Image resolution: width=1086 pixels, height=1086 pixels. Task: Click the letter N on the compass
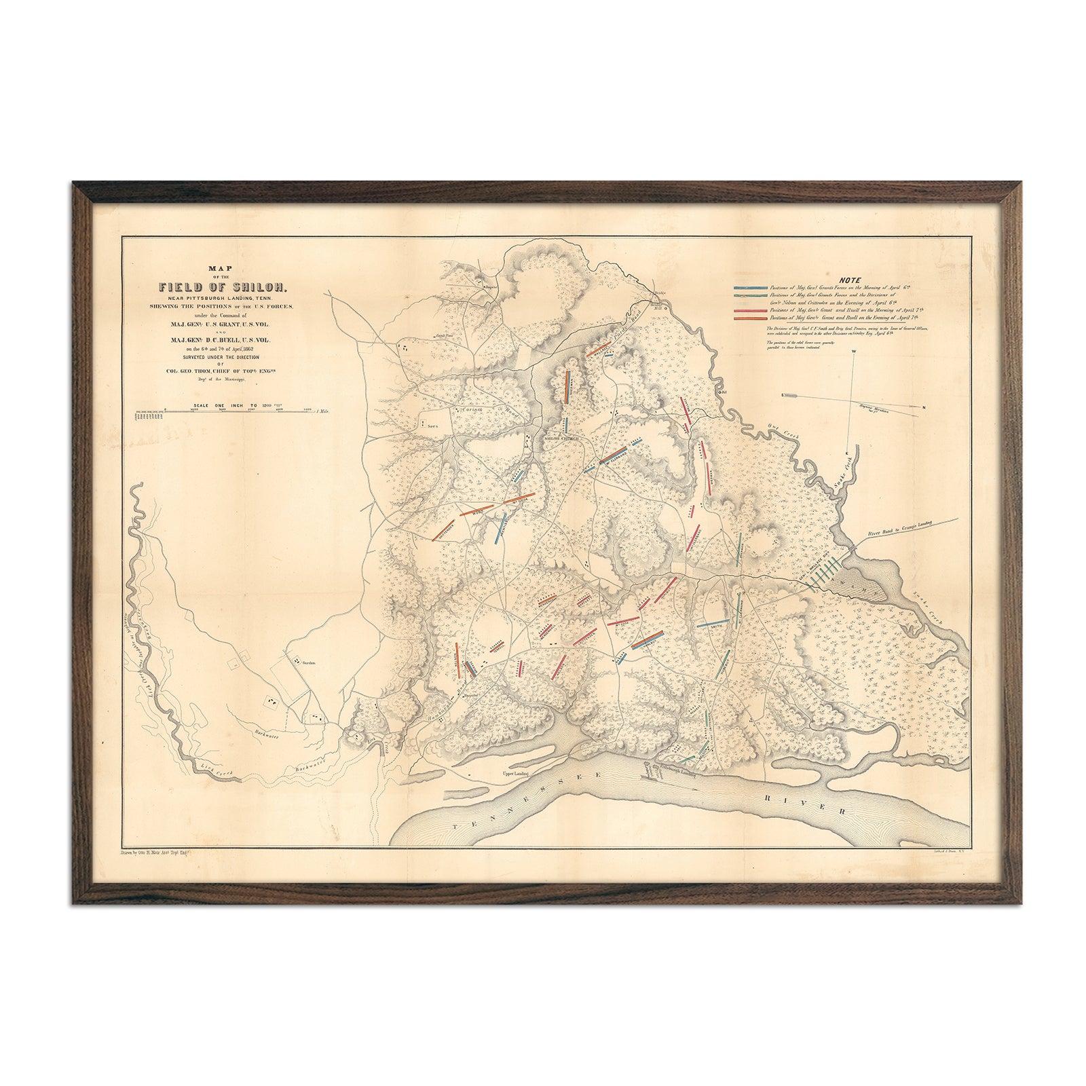point(923,407)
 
